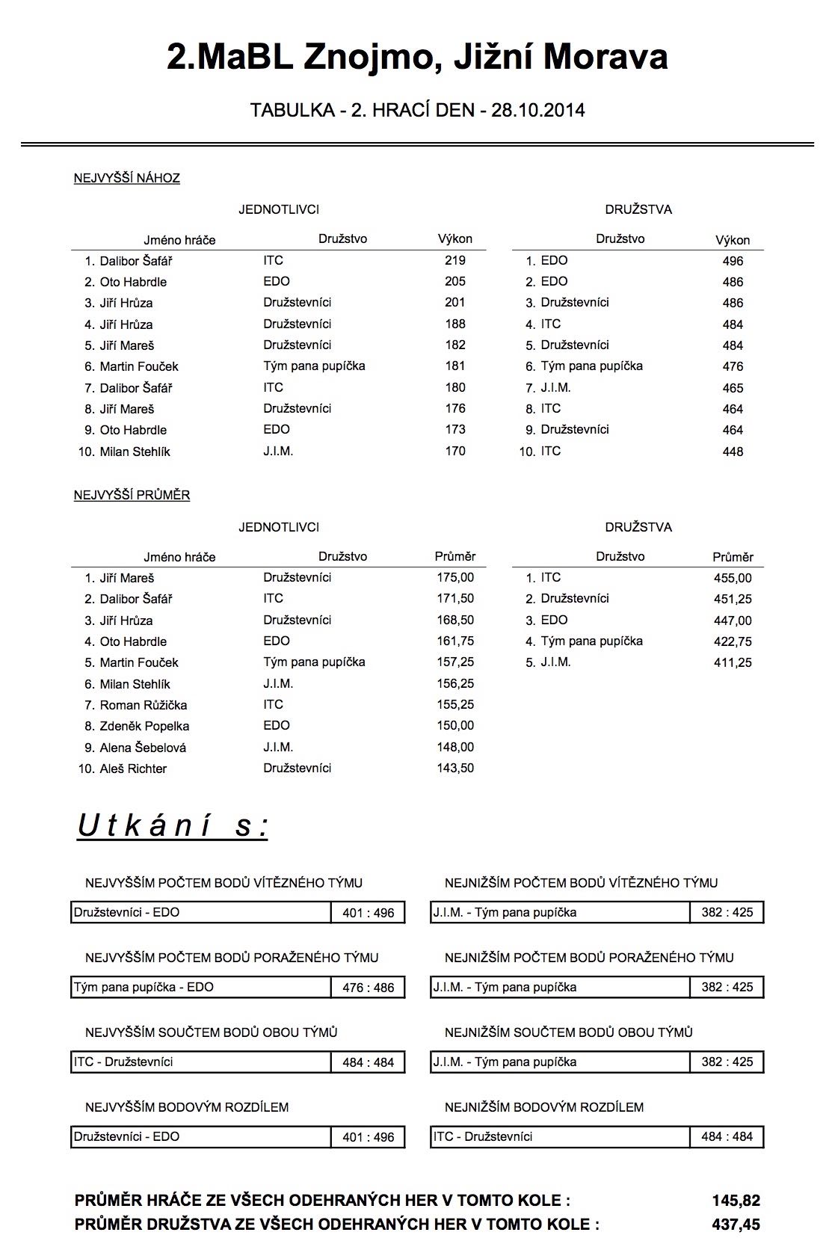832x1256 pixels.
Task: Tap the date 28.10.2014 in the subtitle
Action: pos(538,111)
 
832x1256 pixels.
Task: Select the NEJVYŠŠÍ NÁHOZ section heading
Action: pos(126,178)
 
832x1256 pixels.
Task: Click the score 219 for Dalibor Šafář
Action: pos(454,260)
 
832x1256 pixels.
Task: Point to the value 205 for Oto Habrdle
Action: pos(454,281)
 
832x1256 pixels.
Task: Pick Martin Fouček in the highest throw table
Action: pos(139,366)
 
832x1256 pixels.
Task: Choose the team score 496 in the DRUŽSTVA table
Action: pos(733,261)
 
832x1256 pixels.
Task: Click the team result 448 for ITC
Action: pos(733,452)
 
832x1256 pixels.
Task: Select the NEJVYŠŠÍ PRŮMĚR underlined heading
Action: pos(132,495)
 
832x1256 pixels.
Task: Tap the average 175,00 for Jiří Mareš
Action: pos(455,577)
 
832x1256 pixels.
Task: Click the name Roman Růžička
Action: pos(144,705)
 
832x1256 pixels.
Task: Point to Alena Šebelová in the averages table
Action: pos(143,748)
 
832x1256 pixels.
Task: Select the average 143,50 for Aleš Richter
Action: pos(455,768)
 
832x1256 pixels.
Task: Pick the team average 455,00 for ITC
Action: pos(733,578)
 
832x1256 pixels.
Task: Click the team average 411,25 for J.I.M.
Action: pos(733,662)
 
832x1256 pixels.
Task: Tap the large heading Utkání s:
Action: pos(173,826)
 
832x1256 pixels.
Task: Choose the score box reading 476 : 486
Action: pos(368,988)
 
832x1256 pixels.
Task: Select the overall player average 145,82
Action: pos(736,1201)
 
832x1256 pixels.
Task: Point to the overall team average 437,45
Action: pos(736,1224)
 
